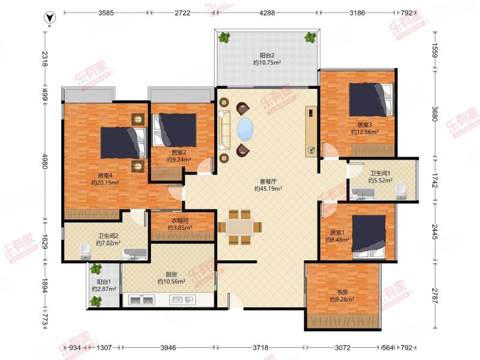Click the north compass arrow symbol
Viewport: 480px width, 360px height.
coord(49,18)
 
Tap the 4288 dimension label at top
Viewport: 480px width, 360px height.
coord(267,13)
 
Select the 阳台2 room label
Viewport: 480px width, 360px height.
coord(267,55)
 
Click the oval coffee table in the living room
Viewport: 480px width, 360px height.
coord(245,130)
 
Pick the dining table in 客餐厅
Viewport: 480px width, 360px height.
coord(239,227)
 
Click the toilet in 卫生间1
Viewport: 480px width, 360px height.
coord(401,190)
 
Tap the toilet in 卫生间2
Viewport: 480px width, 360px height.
coord(85,251)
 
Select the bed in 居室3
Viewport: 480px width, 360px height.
coord(371,100)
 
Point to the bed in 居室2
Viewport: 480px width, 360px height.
coord(175,130)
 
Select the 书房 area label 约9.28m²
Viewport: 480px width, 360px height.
coord(342,299)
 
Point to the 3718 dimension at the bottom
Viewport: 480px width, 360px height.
coord(260,347)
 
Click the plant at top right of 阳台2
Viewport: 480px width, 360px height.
coord(310,37)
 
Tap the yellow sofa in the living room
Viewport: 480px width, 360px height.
coord(225,130)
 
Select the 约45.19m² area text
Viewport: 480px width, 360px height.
coord(268,188)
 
